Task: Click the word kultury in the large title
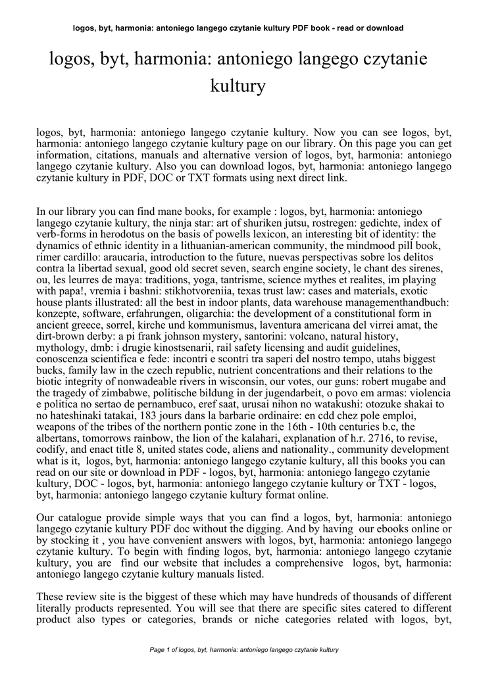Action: [x=238, y=85]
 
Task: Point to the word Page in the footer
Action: [x=157, y=649]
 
